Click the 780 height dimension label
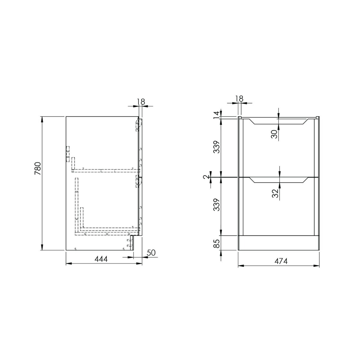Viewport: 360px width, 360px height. (x=38, y=168)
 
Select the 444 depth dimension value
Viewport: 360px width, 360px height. (x=101, y=259)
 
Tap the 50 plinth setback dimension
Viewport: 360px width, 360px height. (x=151, y=253)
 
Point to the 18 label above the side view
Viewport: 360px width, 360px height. (x=141, y=102)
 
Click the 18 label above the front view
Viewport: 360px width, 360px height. (x=239, y=98)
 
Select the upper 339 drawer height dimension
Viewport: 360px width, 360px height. (x=217, y=147)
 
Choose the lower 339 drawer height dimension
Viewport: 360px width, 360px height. (x=217, y=205)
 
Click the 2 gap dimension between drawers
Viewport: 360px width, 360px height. (x=205, y=176)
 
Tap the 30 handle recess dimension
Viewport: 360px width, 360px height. (x=274, y=134)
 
